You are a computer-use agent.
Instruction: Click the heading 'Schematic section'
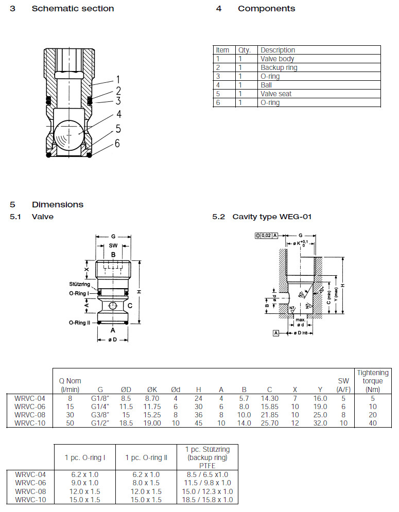tap(73, 9)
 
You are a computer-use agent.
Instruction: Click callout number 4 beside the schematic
tap(118, 114)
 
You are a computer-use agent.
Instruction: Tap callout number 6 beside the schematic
tap(117, 143)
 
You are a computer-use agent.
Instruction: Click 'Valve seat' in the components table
tap(276, 94)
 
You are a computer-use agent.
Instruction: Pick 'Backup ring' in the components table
tap(279, 67)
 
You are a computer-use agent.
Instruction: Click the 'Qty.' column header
tap(244, 50)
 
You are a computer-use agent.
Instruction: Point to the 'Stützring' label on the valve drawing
tap(79, 284)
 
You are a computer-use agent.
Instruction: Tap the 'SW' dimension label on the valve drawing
tap(113, 246)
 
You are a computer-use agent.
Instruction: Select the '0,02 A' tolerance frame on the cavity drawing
tap(266, 235)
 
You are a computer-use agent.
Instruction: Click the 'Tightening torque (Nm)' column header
tap(372, 381)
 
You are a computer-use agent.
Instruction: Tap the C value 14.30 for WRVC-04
tap(270, 398)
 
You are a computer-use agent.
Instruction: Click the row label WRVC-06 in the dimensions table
tap(30, 406)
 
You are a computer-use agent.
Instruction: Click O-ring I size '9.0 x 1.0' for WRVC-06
tap(84, 483)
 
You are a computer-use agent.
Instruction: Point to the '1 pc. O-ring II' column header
tap(145, 457)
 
